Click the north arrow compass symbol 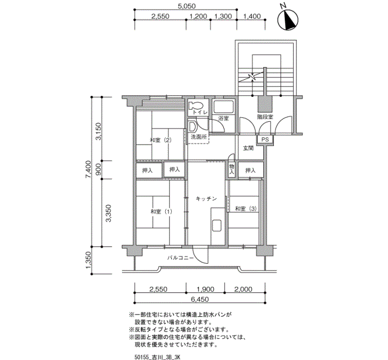pyautogui.click(x=288, y=19)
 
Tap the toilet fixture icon pyautogui.click(x=196, y=106)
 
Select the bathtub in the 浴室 pyautogui.click(x=224, y=107)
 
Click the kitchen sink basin pyautogui.click(x=217, y=225)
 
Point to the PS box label pyautogui.click(x=265, y=140)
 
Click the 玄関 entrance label pyautogui.click(x=248, y=148)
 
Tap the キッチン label pyautogui.click(x=206, y=198)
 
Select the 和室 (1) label pyautogui.click(x=161, y=212)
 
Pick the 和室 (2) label pyautogui.click(x=161, y=140)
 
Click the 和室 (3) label pyautogui.click(x=246, y=209)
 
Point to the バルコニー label pyautogui.click(x=180, y=258)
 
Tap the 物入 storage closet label pyautogui.click(x=232, y=169)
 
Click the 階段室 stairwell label pyautogui.click(x=265, y=117)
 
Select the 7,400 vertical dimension pyautogui.click(x=88, y=169)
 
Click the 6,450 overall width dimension pyautogui.click(x=200, y=299)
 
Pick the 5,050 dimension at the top pyautogui.click(x=187, y=6)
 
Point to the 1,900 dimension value pyautogui.click(x=205, y=289)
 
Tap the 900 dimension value pyautogui.click(x=98, y=169)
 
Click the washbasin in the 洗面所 pyautogui.click(x=192, y=127)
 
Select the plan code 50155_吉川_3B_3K pyautogui.click(x=157, y=357)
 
